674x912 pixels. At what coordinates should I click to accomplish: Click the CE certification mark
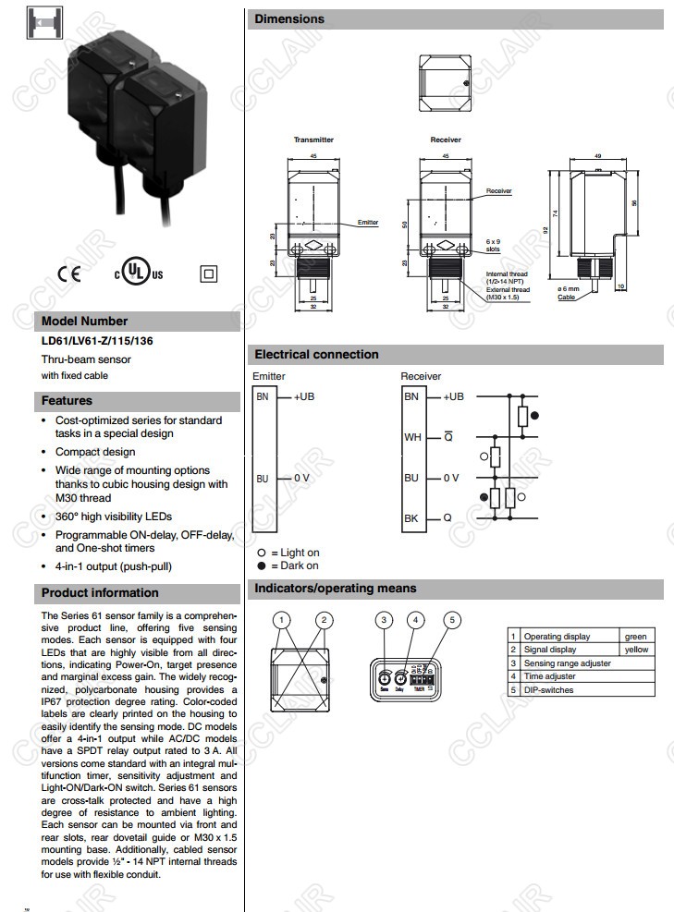pyautogui.click(x=69, y=273)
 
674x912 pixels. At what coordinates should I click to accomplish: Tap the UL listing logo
pyautogui.click(x=138, y=273)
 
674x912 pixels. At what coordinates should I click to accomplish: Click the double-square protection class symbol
pyautogui.click(x=208, y=273)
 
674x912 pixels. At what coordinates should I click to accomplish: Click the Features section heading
pyautogui.click(x=67, y=401)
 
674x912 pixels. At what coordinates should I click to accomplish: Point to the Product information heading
pyautogui.click(x=100, y=592)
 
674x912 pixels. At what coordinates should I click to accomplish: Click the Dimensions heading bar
pyautogui.click(x=289, y=18)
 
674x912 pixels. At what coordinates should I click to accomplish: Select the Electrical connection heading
pyautogui.click(x=316, y=354)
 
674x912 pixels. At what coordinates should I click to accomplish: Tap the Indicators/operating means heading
pyautogui.click(x=335, y=589)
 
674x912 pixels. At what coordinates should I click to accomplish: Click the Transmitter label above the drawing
pyautogui.click(x=313, y=140)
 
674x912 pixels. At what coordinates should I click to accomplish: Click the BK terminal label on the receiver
pyautogui.click(x=411, y=518)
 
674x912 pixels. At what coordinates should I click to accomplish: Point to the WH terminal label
pyautogui.click(x=412, y=437)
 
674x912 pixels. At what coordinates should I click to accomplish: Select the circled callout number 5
pyautogui.click(x=451, y=620)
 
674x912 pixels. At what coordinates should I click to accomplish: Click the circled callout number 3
pyautogui.click(x=386, y=620)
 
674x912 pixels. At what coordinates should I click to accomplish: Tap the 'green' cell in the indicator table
pyautogui.click(x=635, y=637)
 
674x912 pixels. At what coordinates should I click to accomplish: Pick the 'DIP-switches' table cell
pyautogui.click(x=548, y=690)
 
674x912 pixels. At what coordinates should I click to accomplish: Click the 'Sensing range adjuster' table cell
pyautogui.click(x=567, y=663)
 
